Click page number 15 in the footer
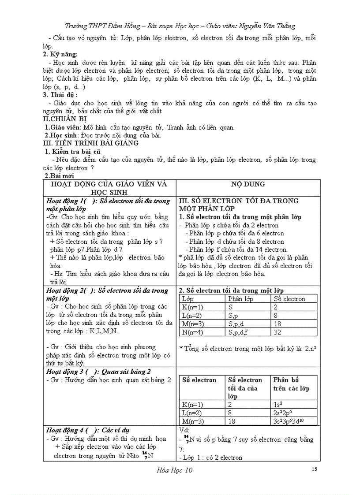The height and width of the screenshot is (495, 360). (314, 469)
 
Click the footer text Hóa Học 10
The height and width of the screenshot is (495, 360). (175, 470)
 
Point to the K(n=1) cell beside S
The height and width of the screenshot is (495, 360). (193, 307)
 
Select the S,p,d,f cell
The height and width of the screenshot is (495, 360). (238, 332)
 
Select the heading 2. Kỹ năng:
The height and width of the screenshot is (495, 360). (60, 54)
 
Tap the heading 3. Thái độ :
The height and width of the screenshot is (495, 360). (60, 95)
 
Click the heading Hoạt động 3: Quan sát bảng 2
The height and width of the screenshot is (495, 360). (98, 371)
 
